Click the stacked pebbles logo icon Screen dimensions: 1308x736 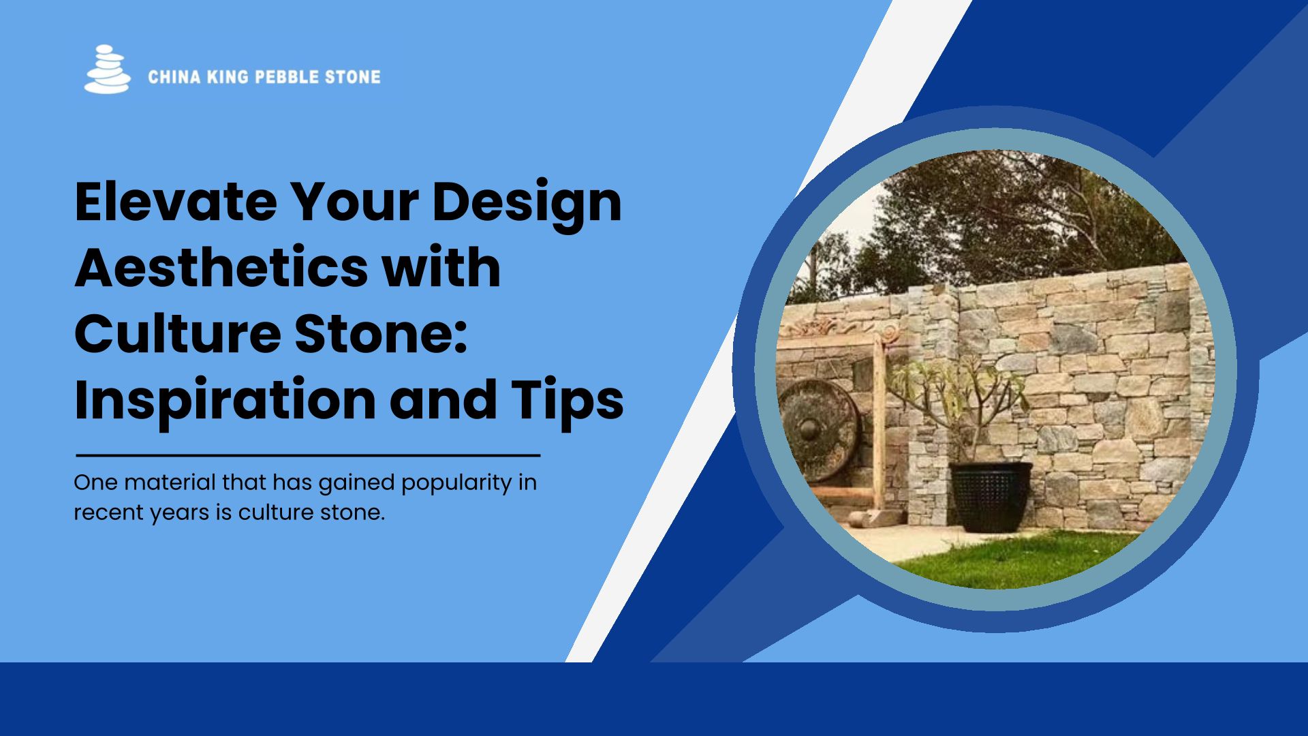click(x=107, y=69)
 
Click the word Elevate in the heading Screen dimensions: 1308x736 click(x=176, y=202)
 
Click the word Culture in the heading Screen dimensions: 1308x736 click(x=178, y=334)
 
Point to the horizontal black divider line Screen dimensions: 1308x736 click(x=308, y=455)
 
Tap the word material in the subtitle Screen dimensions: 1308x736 click(x=170, y=482)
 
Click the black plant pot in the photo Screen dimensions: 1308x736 click(x=991, y=497)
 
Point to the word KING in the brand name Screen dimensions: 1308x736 click(x=228, y=77)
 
